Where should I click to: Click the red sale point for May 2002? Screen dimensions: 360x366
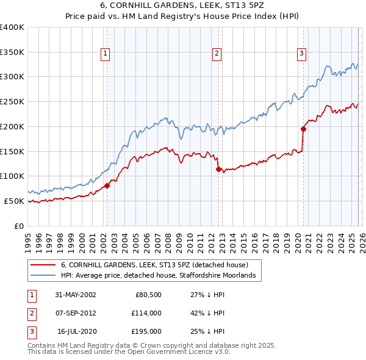pyautogui.click(x=107, y=185)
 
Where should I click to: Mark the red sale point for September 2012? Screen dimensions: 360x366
pyautogui.click(x=218, y=169)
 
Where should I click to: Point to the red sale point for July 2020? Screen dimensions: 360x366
pyautogui.click(x=303, y=129)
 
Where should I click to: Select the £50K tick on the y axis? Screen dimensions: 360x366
pyautogui.click(x=15, y=201)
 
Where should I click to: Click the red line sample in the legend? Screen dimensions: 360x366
pyautogui.click(x=43, y=265)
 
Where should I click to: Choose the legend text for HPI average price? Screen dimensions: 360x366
pyautogui.click(x=161, y=276)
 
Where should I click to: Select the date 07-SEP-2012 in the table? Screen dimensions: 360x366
pyautogui.click(x=75, y=313)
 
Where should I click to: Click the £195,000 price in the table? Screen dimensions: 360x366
pyautogui.click(x=147, y=331)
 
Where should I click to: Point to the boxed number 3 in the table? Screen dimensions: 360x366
pyautogui.click(x=30, y=331)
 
